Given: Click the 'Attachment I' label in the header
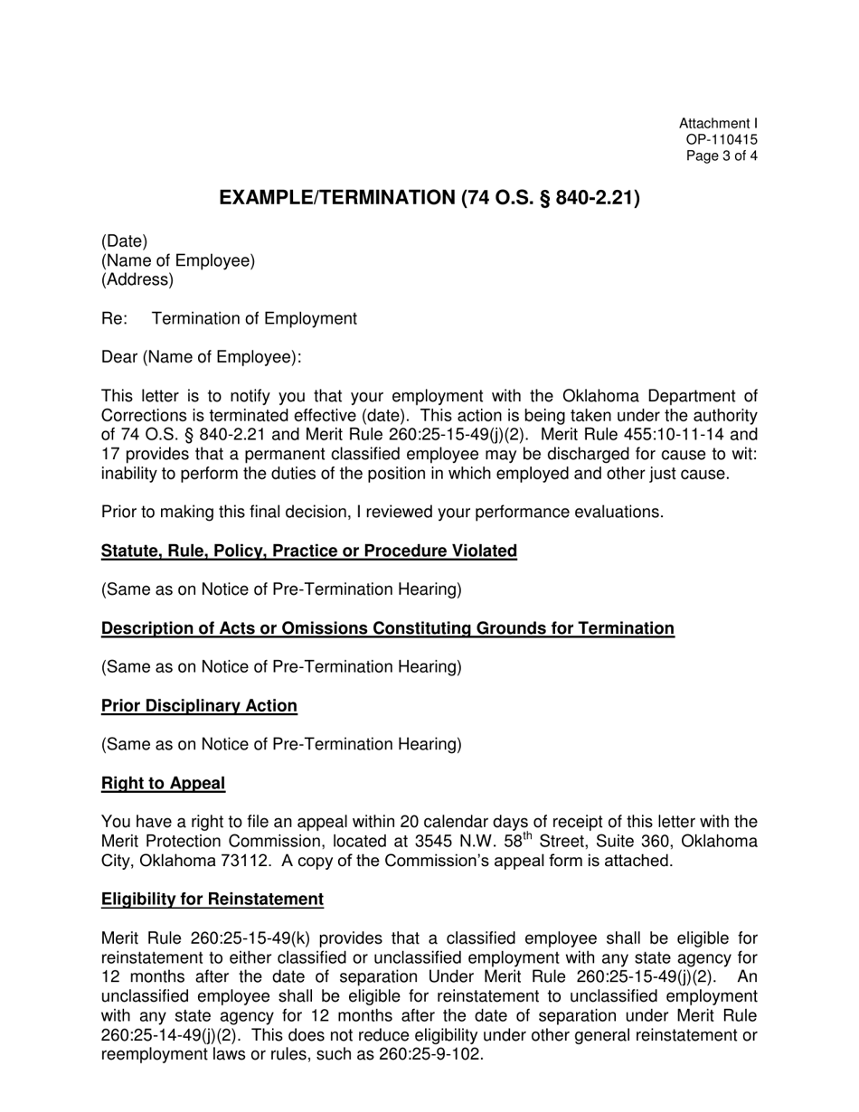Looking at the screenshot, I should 718,124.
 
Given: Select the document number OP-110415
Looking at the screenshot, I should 722,140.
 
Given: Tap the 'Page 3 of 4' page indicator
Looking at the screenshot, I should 722,155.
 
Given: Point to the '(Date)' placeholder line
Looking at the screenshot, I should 124,241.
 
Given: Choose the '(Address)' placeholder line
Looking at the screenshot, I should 137,280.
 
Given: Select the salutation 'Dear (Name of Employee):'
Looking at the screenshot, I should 201,357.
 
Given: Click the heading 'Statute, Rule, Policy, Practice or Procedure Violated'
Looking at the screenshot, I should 309,551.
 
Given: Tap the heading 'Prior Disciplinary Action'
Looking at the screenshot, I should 199,706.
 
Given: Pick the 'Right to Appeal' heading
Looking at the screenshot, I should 163,784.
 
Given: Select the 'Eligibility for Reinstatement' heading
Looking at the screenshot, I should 212,900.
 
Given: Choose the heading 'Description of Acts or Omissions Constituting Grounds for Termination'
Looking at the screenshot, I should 388,629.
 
